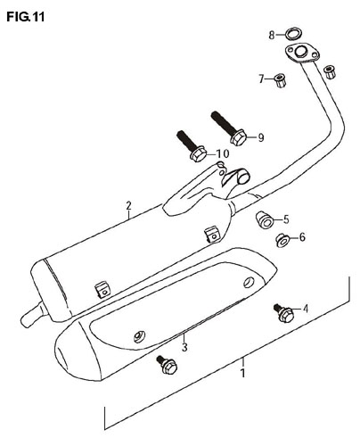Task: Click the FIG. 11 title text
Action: coord(26,17)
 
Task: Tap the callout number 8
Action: coord(272,36)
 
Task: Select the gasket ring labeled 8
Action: coord(293,35)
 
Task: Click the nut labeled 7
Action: coord(280,80)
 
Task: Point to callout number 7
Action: coord(261,79)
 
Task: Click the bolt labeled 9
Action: coord(229,128)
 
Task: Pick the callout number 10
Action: coord(223,153)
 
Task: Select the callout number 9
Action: coord(261,137)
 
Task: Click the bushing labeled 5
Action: coord(265,219)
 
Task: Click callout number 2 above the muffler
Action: coord(128,206)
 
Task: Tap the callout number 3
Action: coord(184,347)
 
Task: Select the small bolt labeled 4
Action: coord(283,313)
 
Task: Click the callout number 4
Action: coord(306,309)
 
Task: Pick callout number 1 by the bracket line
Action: coord(243,373)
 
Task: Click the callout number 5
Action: coord(286,219)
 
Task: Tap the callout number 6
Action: coord(302,237)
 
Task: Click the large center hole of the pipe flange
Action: coord(301,52)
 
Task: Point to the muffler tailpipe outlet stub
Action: coord(33,315)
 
